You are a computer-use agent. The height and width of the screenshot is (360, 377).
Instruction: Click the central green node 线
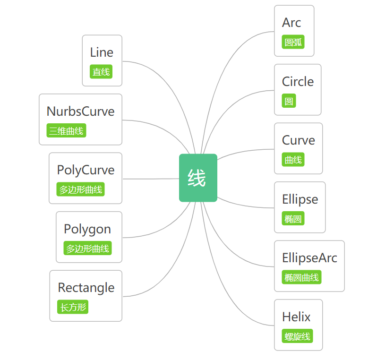pos(198,178)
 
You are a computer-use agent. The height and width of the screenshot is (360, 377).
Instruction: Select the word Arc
pos(291,23)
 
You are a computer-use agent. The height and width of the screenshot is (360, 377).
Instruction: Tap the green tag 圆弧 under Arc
pos(293,42)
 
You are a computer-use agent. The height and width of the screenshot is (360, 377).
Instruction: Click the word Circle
pos(298,81)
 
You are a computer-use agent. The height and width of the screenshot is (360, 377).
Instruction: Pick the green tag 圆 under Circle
pos(289,101)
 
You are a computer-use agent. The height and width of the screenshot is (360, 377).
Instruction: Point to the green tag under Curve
pos(293,159)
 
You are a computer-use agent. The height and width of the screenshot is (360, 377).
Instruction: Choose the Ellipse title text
pos(300,199)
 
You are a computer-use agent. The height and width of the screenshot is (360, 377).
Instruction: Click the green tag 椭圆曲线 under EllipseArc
pos(301,277)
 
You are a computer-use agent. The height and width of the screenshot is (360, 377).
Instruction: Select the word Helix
pos(296,317)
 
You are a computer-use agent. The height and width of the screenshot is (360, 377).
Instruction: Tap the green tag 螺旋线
pos(297,336)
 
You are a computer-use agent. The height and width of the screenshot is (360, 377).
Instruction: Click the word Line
pos(102,52)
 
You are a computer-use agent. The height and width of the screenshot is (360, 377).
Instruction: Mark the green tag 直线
pos(101,71)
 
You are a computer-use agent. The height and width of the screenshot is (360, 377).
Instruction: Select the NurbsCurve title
pos(80,111)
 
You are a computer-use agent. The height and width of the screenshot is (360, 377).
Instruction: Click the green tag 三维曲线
pos(66,130)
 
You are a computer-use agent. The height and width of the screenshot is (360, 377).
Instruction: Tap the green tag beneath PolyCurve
pos(80,189)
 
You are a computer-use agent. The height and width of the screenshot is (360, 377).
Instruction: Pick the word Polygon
pos(87,230)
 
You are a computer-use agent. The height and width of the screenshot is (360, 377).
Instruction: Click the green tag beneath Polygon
pos(87,248)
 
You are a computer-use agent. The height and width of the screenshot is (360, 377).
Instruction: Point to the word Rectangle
pos(86,288)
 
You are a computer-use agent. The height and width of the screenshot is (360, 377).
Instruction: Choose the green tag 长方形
pos(73,307)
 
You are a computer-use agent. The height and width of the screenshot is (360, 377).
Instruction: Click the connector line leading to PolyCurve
pos(151,179)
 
